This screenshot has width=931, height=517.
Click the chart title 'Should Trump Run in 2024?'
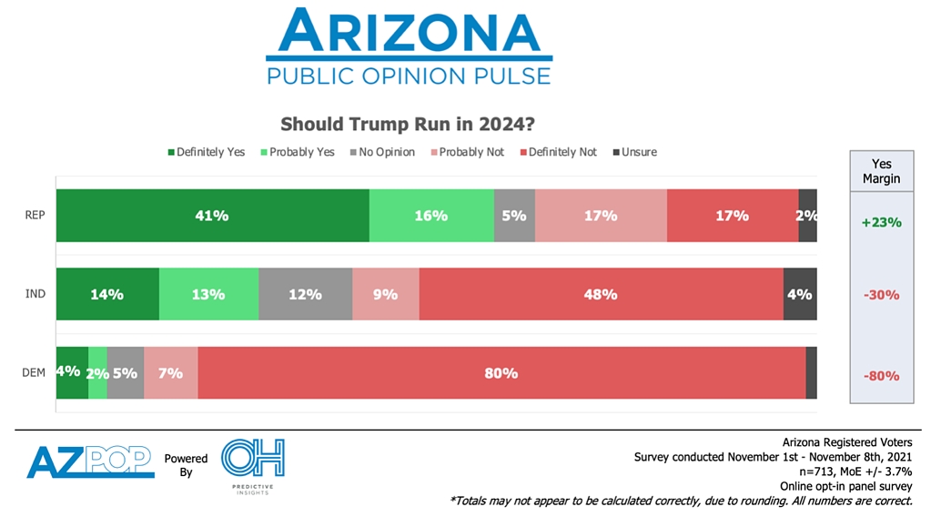point(407,124)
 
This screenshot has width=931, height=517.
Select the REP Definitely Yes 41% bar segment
point(212,216)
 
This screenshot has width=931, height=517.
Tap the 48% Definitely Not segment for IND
point(601,294)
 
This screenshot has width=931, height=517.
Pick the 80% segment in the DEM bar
point(501,372)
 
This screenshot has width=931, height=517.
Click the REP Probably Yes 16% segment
point(431,216)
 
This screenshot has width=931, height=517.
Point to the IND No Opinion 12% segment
point(305,294)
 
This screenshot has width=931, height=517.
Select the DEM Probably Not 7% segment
point(171,372)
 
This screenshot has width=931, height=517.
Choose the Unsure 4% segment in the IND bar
point(800,294)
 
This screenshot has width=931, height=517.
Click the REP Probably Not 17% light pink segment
point(601,216)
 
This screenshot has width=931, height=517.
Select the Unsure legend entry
point(633,152)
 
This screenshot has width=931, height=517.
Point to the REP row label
point(35,217)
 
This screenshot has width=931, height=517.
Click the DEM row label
point(35,373)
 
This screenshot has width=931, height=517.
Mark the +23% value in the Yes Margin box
point(881,221)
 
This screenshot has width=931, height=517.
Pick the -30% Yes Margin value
point(881,295)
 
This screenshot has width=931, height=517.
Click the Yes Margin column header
point(881,171)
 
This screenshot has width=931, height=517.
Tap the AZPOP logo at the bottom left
point(90,461)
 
